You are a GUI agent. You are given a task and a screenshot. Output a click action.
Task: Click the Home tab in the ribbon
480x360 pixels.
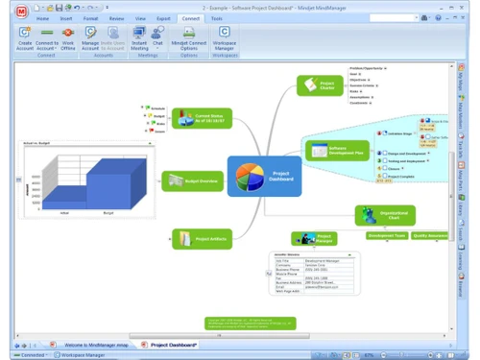(42, 18)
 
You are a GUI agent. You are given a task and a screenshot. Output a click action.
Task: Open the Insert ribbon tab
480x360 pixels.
(66, 18)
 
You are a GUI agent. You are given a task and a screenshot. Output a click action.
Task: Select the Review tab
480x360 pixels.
(116, 18)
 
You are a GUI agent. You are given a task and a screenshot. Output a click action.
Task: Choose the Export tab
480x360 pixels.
(165, 18)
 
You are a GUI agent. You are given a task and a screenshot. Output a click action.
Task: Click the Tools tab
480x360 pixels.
(217, 18)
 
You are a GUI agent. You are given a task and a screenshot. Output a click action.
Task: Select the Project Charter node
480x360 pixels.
(320, 86)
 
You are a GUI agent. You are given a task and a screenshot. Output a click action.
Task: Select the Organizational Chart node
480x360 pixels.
(385, 215)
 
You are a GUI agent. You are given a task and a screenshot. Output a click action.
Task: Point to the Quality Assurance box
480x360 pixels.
(429, 235)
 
